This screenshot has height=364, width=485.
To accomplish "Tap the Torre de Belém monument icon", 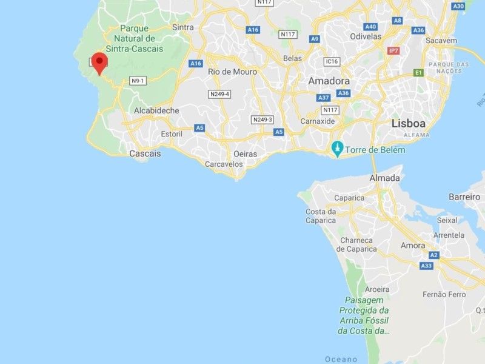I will [x=336, y=149].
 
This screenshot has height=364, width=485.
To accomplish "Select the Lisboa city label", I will [x=408, y=123].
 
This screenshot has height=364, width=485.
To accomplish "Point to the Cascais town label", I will [x=145, y=153].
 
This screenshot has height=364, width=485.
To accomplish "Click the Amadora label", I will [x=329, y=81].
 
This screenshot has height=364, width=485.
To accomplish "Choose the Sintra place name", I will [x=182, y=27].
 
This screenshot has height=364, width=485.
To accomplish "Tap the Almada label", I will [x=385, y=178].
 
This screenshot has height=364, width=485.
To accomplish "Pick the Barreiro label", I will [x=464, y=197].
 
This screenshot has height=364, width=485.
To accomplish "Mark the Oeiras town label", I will [x=246, y=154].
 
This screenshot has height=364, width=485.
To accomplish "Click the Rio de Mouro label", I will [x=232, y=72].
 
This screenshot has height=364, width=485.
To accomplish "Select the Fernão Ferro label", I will [x=443, y=294].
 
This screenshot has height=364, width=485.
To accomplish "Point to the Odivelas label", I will [x=366, y=36].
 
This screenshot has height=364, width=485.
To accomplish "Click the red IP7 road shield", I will [x=395, y=51].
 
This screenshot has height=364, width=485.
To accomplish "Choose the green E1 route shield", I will [x=418, y=73].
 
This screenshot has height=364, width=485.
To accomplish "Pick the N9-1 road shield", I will [x=138, y=81].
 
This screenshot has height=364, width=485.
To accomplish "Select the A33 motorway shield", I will [x=426, y=266].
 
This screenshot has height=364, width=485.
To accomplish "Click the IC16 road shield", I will [x=331, y=61].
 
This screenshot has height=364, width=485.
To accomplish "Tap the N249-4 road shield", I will [x=219, y=94].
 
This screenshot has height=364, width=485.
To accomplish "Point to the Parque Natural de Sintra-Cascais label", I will [x=134, y=38].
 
